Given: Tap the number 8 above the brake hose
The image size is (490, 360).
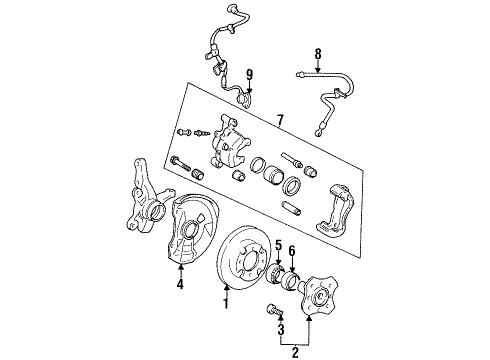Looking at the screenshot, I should (318, 56).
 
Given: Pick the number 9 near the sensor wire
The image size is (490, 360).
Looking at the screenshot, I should (249, 74).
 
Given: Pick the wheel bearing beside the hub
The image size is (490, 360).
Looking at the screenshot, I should (291, 285).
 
